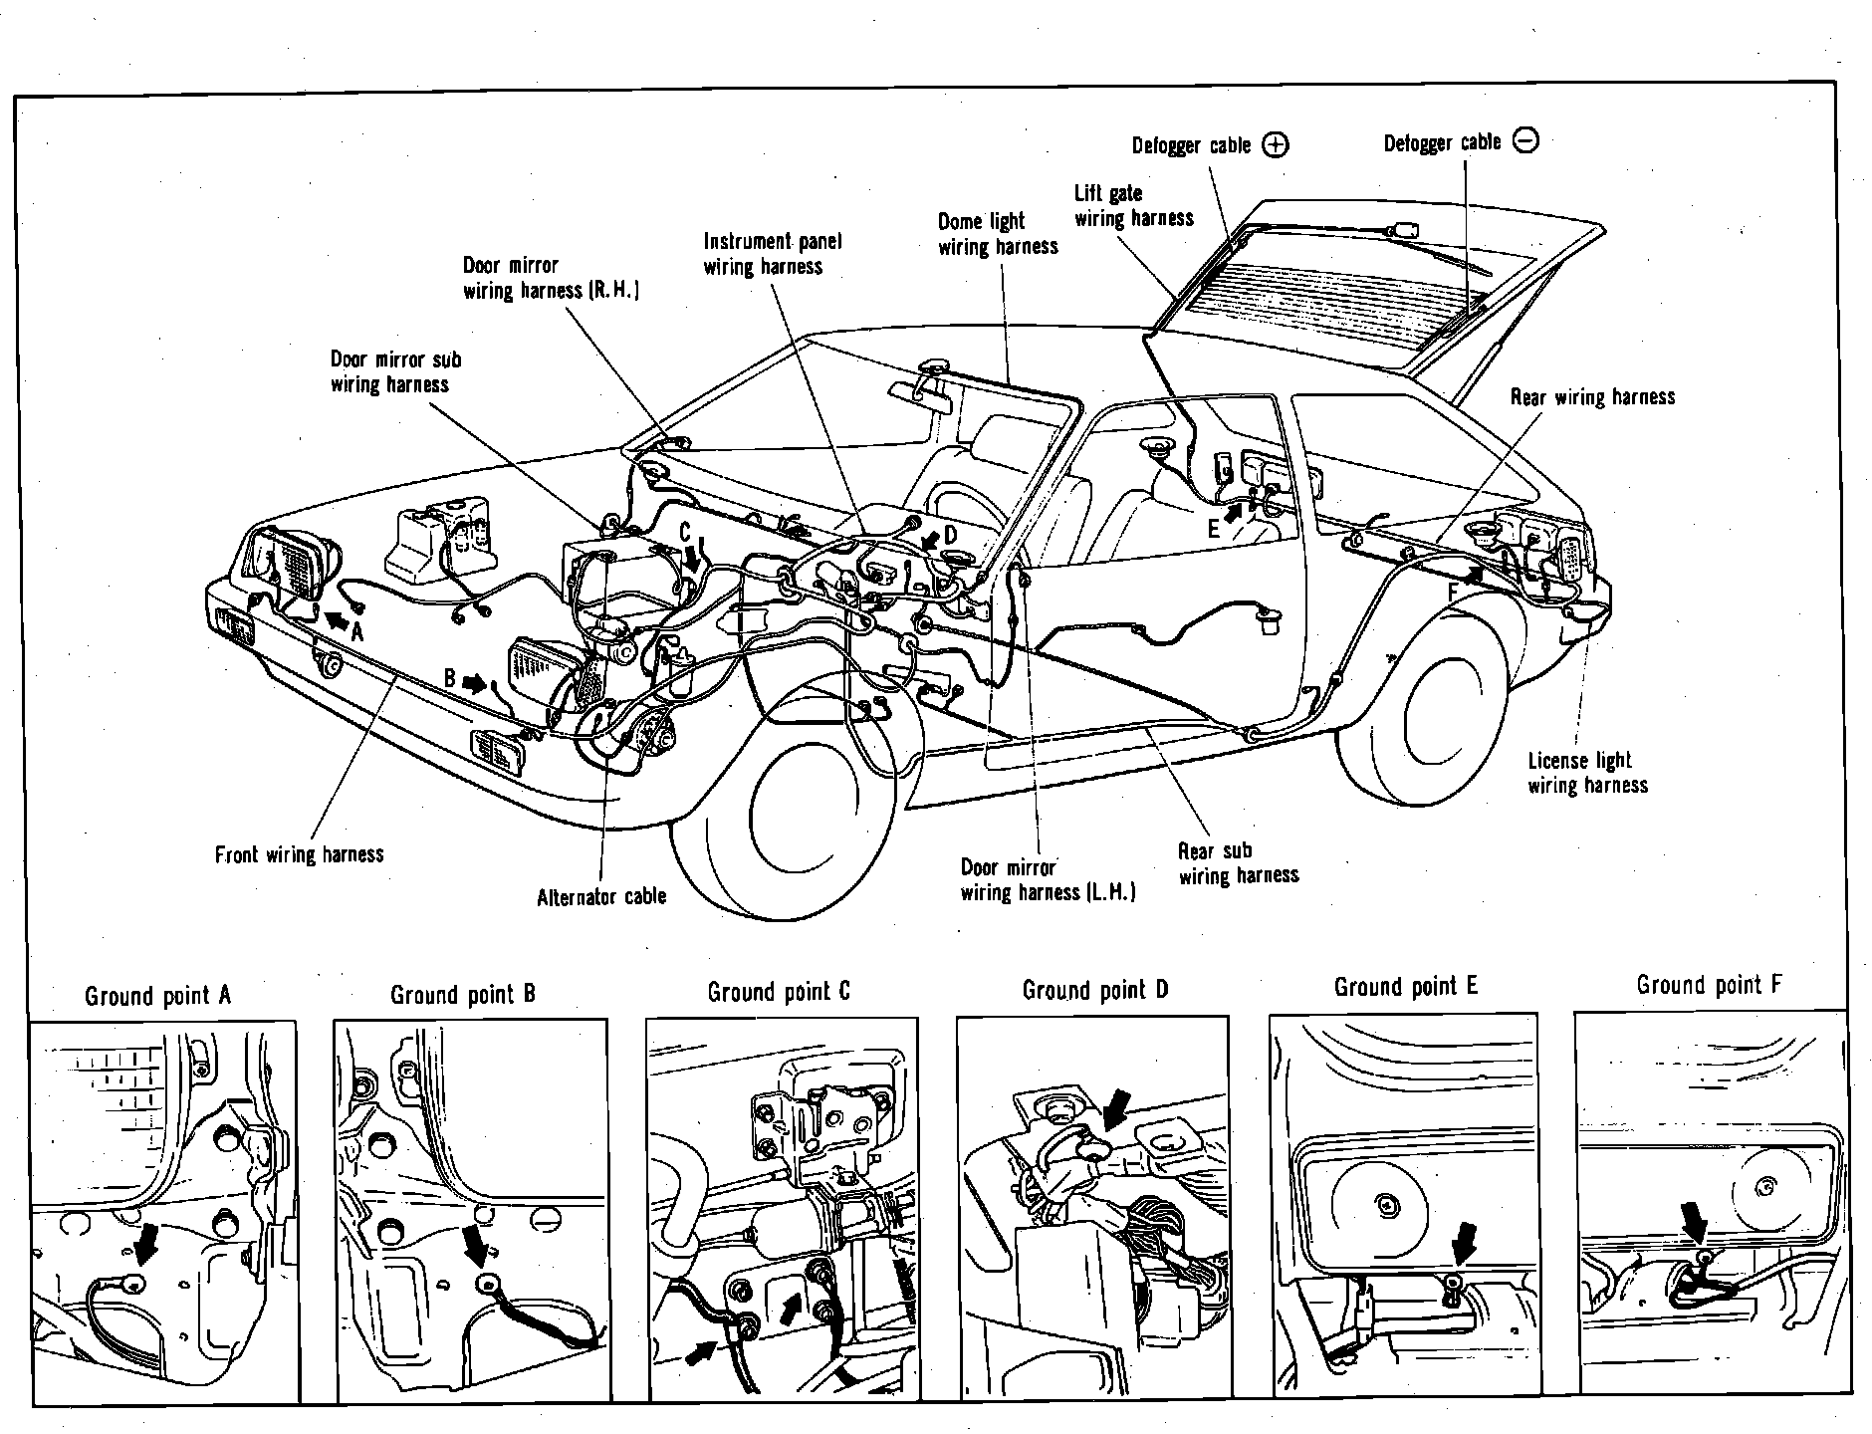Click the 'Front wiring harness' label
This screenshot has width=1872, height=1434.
click(299, 854)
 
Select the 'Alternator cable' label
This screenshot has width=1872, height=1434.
click(601, 897)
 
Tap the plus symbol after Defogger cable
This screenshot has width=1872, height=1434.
click(1275, 145)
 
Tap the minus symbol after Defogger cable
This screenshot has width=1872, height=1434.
click(1524, 141)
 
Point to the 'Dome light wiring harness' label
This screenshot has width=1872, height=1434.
click(998, 234)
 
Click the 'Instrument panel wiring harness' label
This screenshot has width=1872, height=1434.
click(772, 254)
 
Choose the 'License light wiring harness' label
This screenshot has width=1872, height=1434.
click(1587, 773)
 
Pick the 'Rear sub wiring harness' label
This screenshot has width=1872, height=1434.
click(1238, 863)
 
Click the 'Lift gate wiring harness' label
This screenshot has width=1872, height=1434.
click(1133, 206)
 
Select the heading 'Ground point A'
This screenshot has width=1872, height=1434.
click(157, 996)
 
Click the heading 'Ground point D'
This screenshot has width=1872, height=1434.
click(1094, 991)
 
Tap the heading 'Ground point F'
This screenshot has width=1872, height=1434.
click(1709, 986)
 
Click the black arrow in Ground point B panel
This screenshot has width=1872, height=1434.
click(477, 1245)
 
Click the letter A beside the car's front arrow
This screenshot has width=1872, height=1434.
click(357, 631)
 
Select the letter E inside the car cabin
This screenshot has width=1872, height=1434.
click(1214, 530)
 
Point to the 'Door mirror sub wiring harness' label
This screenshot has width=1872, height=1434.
click(395, 372)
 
